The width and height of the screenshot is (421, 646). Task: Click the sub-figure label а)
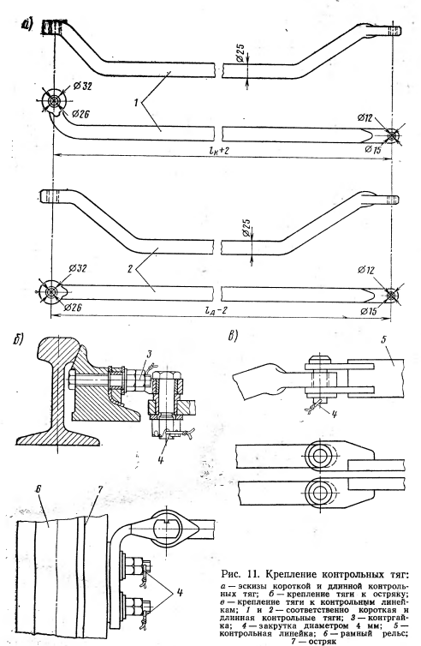pos(28,24)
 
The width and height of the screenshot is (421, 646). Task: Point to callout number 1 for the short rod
pos(135,103)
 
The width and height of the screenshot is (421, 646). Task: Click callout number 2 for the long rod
pos(129,269)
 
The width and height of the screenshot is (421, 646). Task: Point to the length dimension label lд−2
pos(216,312)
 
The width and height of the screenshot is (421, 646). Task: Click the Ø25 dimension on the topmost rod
pos(241,54)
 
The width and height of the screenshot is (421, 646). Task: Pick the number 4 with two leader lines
pos(179,593)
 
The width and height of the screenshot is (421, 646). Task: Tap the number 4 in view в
pos(334,414)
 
